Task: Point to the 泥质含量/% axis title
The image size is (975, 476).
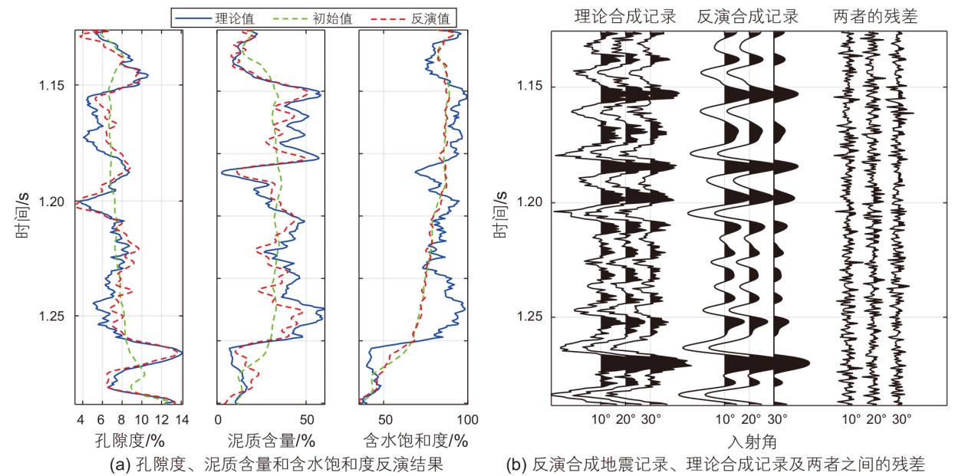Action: tap(271, 441)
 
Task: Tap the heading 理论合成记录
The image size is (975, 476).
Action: tap(626, 17)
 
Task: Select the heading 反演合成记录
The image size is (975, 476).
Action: tap(748, 17)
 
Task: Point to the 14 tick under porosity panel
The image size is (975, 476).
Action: tap(182, 419)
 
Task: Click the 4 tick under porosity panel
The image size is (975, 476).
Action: tap(81, 419)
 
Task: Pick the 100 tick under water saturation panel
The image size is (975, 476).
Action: tap(467, 419)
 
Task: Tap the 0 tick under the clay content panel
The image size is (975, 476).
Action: tap(219, 419)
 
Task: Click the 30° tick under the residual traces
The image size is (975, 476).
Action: tap(901, 419)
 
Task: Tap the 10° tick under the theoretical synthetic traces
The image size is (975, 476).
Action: tap(601, 419)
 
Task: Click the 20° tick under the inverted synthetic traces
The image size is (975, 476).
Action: tap(751, 419)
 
